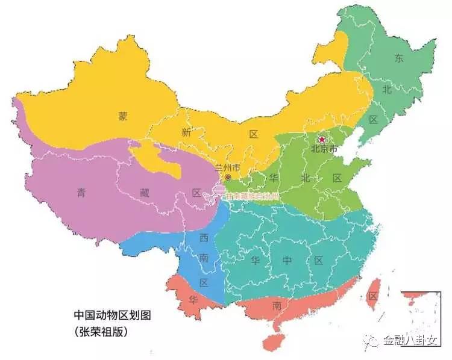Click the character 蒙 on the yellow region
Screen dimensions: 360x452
coord(123,117)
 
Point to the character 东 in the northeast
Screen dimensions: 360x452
coord(398,58)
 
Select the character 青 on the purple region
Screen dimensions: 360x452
coord(81,193)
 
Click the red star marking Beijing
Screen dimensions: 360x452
coord(322,140)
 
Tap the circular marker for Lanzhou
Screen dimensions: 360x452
coord(227,178)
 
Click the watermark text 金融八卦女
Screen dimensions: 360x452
coord(414,341)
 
